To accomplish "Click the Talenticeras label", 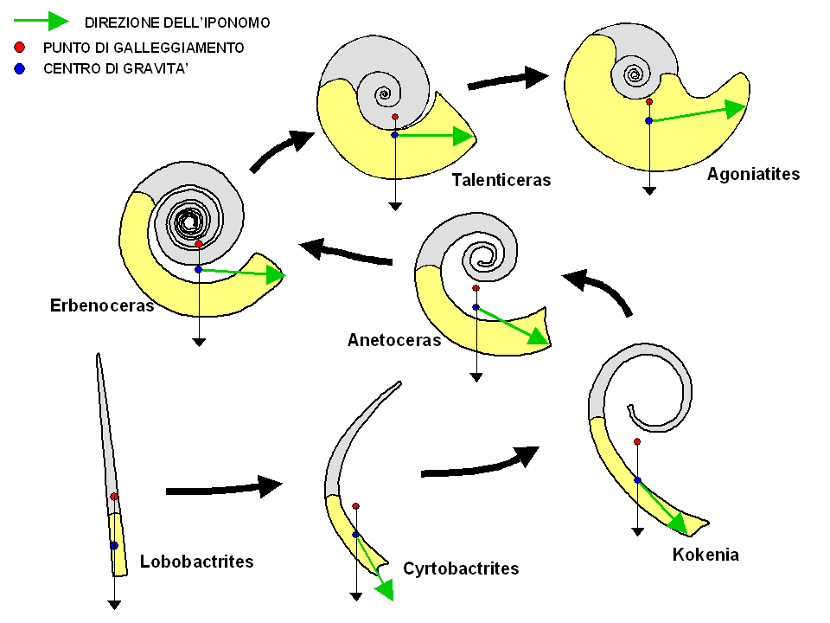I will [x=501, y=180].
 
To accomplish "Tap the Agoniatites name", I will [x=753, y=174].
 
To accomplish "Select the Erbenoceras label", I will [x=102, y=305].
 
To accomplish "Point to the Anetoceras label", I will [x=394, y=340].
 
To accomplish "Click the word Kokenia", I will [x=705, y=555].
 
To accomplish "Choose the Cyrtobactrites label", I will [x=461, y=568].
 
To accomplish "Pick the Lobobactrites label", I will [x=196, y=562].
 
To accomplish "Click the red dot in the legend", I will [x=19, y=47].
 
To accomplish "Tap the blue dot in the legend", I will [x=19, y=68].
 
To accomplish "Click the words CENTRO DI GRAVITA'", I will [x=116, y=68].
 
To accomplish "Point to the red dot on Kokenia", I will [x=637, y=441].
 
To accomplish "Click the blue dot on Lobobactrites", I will [x=114, y=545].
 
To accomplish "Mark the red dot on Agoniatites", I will [x=648, y=101].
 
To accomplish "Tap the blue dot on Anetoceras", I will [x=476, y=307].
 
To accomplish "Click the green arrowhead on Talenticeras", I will [x=463, y=135].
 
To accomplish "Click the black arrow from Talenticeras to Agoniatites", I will [x=508, y=79].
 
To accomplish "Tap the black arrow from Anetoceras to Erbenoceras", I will [x=347, y=253].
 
